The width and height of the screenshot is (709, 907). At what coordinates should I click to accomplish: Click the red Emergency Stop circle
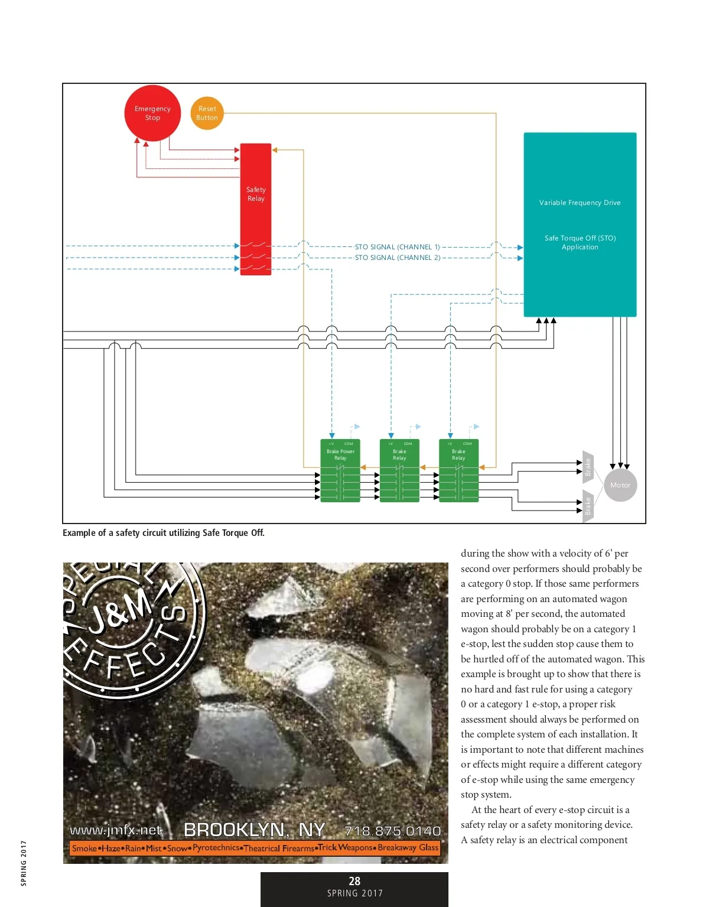[x=152, y=113]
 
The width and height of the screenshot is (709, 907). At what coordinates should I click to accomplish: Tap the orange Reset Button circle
[x=207, y=113]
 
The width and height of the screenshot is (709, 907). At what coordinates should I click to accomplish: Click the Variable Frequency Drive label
[x=580, y=203]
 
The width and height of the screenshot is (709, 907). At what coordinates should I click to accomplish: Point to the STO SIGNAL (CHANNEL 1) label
[x=397, y=247]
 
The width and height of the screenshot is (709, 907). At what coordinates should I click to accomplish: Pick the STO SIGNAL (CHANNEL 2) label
[x=397, y=258]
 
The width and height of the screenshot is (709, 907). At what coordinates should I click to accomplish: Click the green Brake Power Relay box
[x=340, y=470]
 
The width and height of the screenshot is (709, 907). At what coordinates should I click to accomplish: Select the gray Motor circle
[x=620, y=485]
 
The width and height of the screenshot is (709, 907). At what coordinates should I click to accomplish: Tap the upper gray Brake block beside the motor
[x=588, y=467]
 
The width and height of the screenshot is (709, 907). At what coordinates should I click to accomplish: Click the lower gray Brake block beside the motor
[x=588, y=506]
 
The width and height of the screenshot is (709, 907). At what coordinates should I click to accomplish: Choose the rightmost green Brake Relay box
[x=459, y=470]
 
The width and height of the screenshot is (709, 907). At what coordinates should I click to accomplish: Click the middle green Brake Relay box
[x=399, y=470]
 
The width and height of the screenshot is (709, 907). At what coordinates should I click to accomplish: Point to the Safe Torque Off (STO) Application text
[x=580, y=242]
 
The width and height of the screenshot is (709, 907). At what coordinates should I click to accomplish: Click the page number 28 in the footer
[x=354, y=881]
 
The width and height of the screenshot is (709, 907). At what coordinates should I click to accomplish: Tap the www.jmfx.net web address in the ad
[x=116, y=830]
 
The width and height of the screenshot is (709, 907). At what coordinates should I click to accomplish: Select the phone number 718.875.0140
[x=392, y=831]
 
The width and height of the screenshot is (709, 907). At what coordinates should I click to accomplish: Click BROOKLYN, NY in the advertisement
[x=255, y=830]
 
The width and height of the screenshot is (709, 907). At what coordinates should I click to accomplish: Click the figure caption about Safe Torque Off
[x=164, y=533]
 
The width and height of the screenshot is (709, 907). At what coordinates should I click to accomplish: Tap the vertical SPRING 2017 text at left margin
[x=24, y=863]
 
